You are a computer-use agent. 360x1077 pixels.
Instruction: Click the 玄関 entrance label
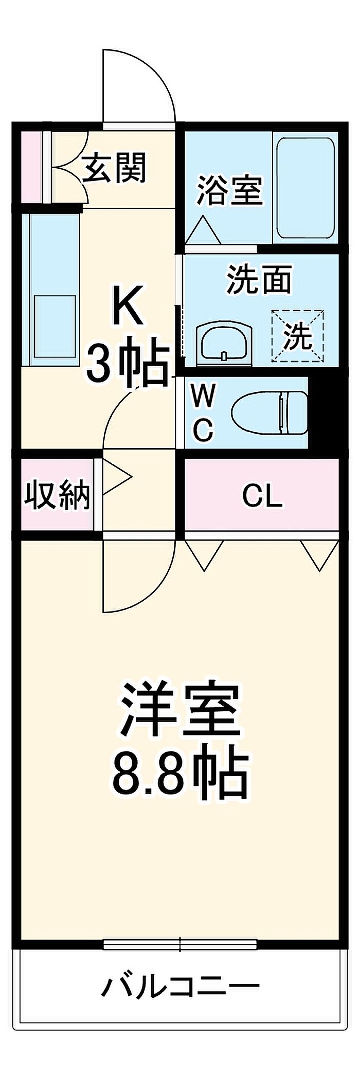[116, 168]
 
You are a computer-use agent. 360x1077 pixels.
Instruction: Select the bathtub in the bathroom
[305, 188]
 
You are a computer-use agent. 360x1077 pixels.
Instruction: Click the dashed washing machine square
[298, 336]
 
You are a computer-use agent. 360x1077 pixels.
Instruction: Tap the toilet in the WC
[269, 413]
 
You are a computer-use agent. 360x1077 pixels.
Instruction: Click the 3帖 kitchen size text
[128, 364]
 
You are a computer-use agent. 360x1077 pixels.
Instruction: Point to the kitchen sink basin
[55, 326]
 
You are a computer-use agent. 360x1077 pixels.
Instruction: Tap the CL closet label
[262, 496]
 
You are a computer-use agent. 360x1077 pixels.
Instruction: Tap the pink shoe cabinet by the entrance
[31, 168]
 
